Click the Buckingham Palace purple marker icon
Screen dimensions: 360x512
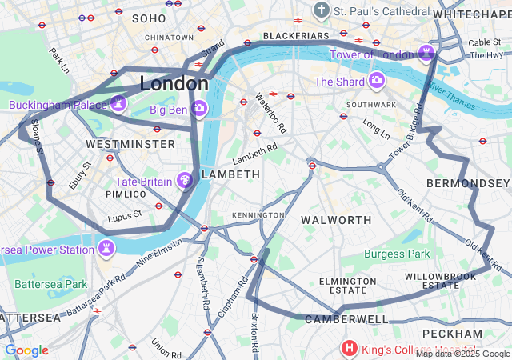tap(118, 103)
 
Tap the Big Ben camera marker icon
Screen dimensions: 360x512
tap(199, 106)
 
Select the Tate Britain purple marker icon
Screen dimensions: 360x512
tap(185, 181)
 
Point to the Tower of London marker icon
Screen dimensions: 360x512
tap(426, 54)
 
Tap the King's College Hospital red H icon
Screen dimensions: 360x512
tap(350, 348)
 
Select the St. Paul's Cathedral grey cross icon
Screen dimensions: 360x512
tap(322, 11)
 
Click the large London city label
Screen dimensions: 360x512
tap(174, 83)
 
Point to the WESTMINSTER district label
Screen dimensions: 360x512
tap(130, 144)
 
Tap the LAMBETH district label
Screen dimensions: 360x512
tap(230, 174)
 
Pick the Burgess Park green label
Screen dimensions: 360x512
tap(397, 254)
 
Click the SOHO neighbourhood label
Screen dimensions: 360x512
tap(149, 18)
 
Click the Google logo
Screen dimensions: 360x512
tap(26, 350)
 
